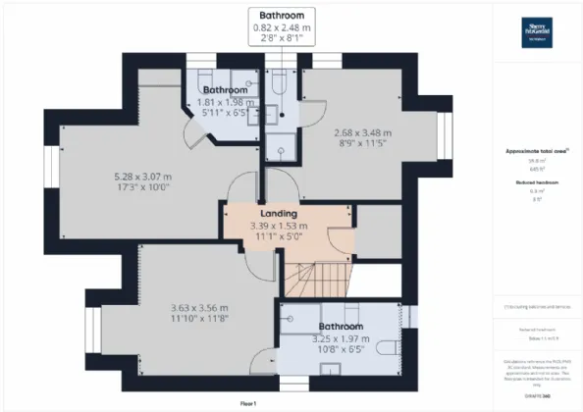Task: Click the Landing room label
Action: coord(278,213)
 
